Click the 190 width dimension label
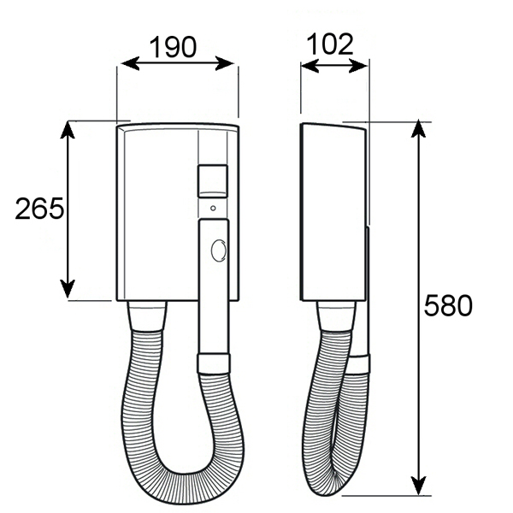173,47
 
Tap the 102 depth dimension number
330,44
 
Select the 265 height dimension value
39,209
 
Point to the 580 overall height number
448,305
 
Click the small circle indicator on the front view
213,208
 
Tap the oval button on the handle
219,251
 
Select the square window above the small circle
213,181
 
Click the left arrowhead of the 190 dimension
130,63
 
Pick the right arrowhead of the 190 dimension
224,63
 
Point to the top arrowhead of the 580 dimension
418,128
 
